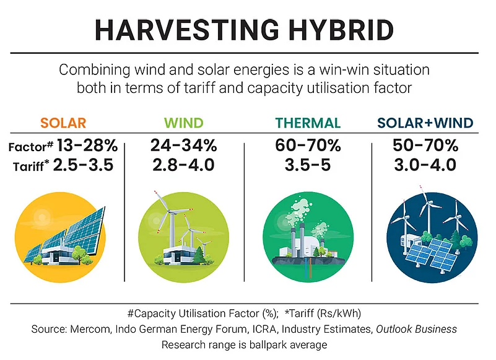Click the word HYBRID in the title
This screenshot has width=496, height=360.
[x=341, y=30]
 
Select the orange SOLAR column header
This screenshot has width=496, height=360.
[x=63, y=123]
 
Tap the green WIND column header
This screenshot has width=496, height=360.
[x=184, y=123]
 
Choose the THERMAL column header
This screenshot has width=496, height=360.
[x=308, y=123]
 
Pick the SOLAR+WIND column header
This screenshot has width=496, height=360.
[x=425, y=123]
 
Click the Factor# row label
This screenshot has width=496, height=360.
[x=31, y=147]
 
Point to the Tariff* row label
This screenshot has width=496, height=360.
[x=32, y=166]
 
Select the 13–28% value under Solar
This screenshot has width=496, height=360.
[x=87, y=146]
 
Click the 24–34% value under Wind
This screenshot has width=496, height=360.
[x=184, y=146]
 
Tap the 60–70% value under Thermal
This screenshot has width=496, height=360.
[x=308, y=146]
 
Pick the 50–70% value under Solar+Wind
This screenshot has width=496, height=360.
[x=425, y=146]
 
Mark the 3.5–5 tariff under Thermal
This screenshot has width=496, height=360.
[x=308, y=165]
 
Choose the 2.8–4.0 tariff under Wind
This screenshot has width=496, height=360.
[x=184, y=165]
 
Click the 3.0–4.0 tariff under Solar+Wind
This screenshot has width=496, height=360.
[x=425, y=165]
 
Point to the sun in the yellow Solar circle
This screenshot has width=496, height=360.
[x=41, y=217]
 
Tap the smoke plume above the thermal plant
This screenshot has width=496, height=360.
[x=298, y=210]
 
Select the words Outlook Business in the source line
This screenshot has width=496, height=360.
[x=416, y=329]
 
